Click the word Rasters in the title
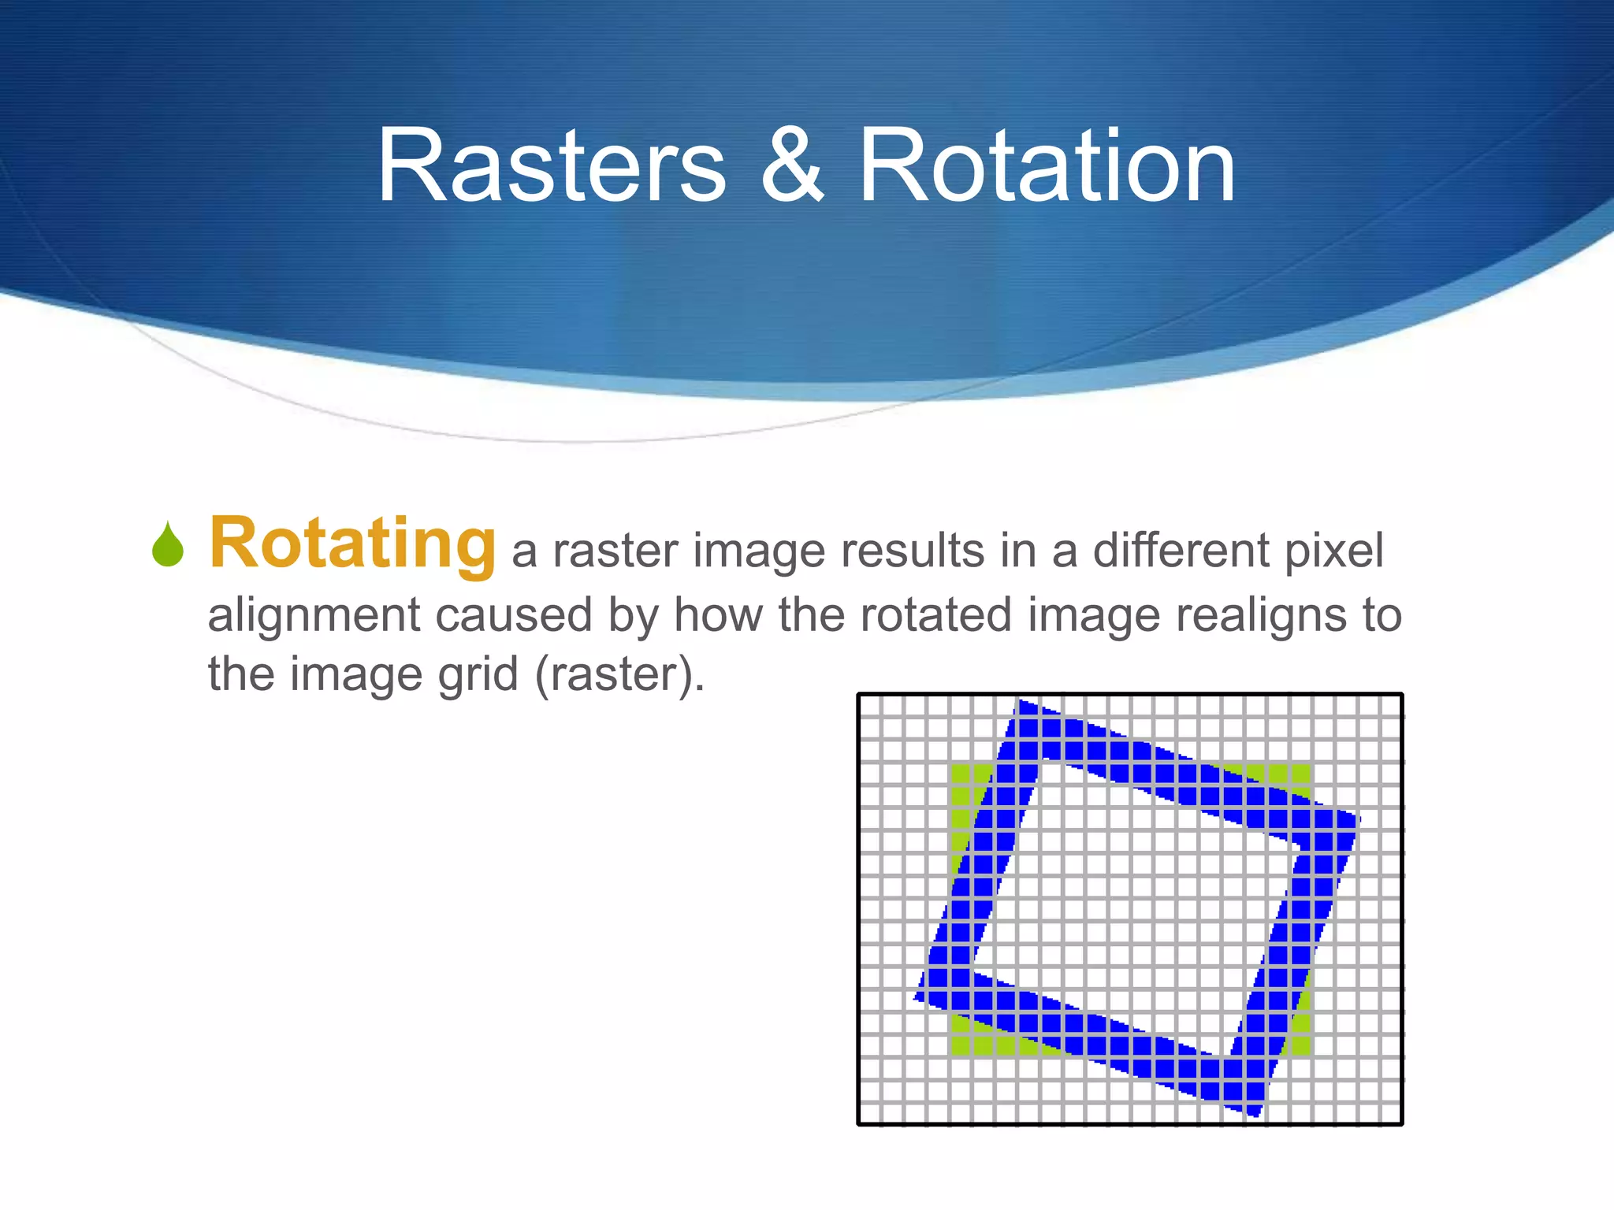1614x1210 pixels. tap(551, 167)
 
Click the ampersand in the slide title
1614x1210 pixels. tap(792, 167)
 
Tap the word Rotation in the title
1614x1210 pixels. tap(1047, 167)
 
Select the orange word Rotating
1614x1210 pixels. tap(352, 544)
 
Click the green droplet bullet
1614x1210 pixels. tap(168, 545)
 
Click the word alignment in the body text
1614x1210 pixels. tap(313, 615)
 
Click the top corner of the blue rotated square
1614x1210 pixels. tap(1021, 701)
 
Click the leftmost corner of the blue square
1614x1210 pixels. tap(917, 998)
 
